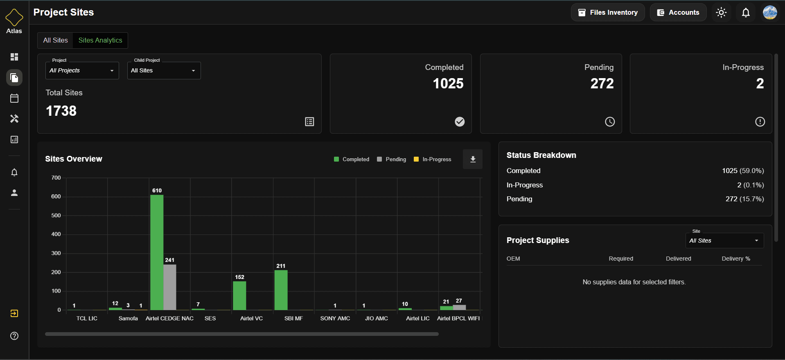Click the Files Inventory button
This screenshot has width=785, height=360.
[607, 12]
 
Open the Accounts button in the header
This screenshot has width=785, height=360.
[678, 12]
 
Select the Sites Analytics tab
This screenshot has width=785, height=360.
[100, 40]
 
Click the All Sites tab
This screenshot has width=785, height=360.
[56, 40]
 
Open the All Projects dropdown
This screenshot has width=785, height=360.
[82, 70]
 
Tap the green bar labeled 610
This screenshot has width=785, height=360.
[157, 252]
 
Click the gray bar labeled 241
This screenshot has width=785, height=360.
[170, 287]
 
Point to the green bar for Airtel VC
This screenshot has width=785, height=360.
[239, 295]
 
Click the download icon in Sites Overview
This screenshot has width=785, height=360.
[473, 159]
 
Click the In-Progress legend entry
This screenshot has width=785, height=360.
[433, 159]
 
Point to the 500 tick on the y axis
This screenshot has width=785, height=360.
[56, 215]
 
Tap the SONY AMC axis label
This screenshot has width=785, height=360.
[335, 318]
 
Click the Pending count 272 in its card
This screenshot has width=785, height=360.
[602, 83]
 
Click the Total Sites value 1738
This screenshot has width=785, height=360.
[61, 111]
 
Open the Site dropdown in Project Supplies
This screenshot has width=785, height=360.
[724, 241]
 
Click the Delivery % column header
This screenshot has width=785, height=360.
[735, 259]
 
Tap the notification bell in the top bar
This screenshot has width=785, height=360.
[746, 12]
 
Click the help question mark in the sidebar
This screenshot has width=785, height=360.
[14, 336]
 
